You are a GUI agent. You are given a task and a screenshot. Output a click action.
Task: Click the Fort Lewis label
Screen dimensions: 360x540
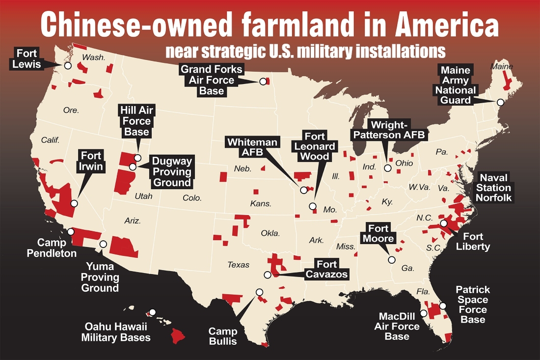[x=27, y=58]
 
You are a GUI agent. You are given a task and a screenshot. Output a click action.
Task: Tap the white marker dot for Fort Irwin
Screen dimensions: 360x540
[x=74, y=203]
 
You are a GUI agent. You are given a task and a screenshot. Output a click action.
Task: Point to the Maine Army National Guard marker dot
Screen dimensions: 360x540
[x=500, y=103]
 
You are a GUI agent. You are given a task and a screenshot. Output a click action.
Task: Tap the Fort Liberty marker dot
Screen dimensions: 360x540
[x=443, y=223]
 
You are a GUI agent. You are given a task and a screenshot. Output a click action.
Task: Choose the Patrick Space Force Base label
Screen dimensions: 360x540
[x=473, y=305]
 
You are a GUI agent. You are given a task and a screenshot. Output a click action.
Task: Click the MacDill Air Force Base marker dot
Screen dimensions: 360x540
[x=424, y=313]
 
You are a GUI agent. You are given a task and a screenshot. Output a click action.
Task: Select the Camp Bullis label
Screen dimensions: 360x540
[x=223, y=336]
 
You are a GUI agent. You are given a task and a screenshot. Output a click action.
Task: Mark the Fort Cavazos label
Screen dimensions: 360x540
[x=326, y=270]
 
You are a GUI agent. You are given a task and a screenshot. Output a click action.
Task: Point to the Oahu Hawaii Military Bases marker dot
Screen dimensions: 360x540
[x=153, y=312]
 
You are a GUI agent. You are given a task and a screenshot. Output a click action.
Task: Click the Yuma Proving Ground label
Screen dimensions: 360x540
[x=100, y=277]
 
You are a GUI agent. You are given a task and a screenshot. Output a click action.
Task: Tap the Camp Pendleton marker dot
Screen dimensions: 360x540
[x=71, y=231]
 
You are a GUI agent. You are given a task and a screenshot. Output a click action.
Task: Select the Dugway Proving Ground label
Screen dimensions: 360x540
[x=171, y=172]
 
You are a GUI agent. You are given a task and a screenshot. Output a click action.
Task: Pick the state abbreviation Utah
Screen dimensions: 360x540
[x=143, y=196]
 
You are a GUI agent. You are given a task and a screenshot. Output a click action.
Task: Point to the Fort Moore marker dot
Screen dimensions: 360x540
[x=391, y=260]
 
